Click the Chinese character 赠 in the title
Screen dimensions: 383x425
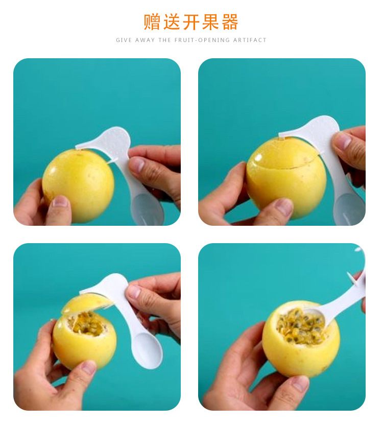[x=152, y=21]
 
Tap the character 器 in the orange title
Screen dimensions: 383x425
[x=230, y=21]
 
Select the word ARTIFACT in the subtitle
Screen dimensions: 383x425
[x=250, y=40]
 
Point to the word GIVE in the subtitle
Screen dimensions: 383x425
[x=124, y=40]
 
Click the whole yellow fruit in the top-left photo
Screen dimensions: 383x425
[x=78, y=185]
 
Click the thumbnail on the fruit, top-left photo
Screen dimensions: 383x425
[x=60, y=201]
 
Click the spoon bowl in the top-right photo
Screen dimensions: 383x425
[x=350, y=209]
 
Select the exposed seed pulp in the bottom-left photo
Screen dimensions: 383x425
[x=87, y=324]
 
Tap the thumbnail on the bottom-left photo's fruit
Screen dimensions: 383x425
[x=89, y=367]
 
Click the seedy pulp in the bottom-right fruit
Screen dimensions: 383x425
[x=301, y=326]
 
